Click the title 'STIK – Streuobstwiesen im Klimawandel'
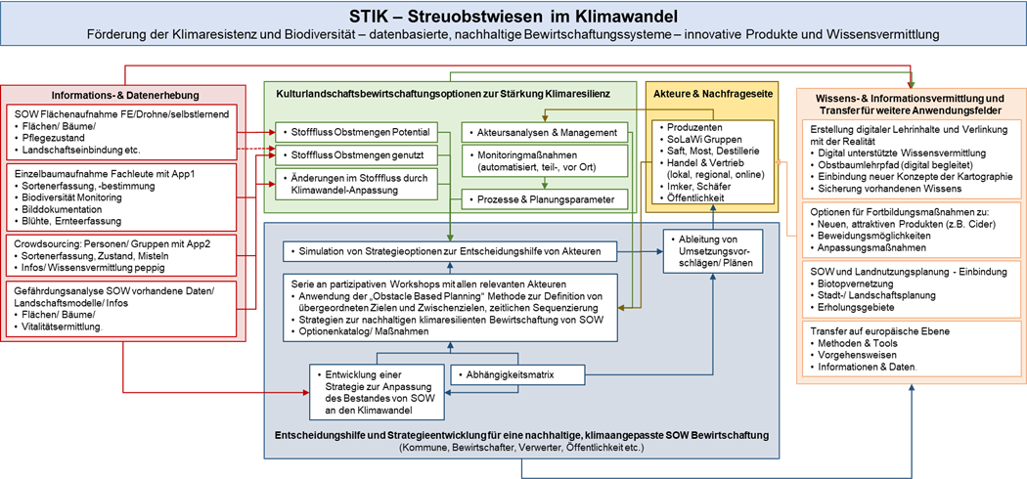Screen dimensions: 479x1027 pyautogui.click(x=513, y=17)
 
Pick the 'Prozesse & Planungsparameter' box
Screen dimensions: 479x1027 pyautogui.click(x=545, y=199)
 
